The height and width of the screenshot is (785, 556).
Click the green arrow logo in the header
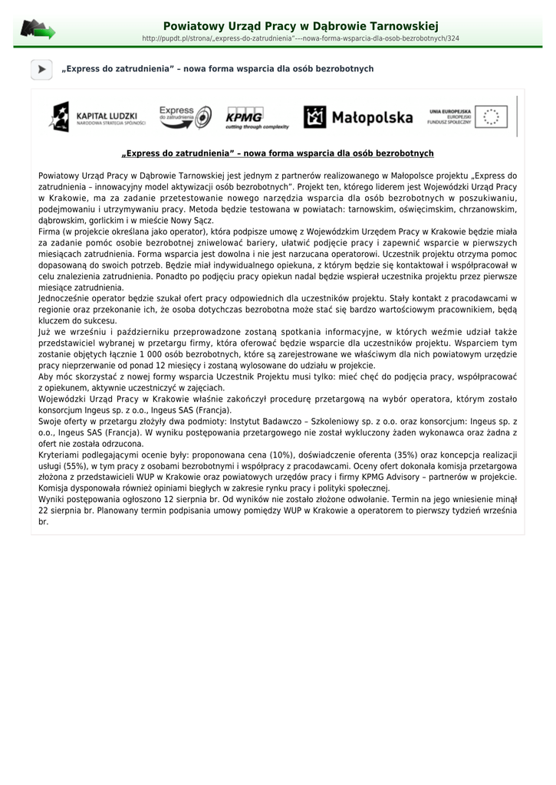point(38,31)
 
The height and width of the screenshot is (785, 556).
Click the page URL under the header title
point(301,38)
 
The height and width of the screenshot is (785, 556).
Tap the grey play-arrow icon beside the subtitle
point(41,70)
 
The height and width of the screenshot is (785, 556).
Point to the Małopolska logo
point(358,117)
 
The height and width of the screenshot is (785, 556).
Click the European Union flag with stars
point(491,117)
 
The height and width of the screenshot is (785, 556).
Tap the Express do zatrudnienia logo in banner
point(185,117)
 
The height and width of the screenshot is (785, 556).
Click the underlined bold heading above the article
point(278,153)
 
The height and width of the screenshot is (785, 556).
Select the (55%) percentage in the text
point(79,466)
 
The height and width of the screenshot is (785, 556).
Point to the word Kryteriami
point(61,455)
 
